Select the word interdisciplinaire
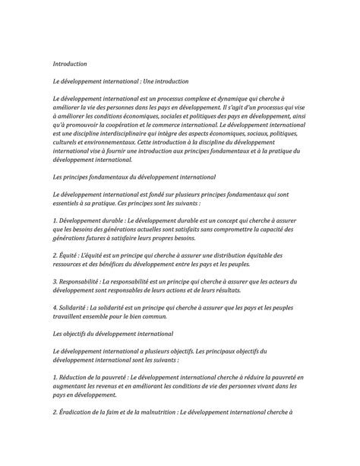[131, 133]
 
